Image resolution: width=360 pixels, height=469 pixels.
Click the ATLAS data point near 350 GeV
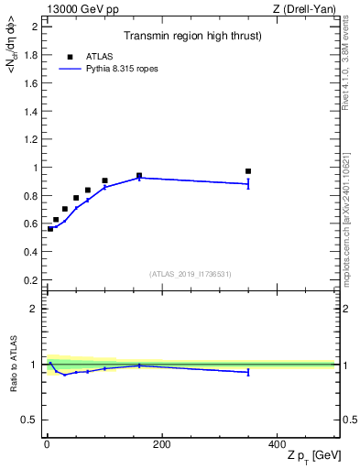click(248, 171)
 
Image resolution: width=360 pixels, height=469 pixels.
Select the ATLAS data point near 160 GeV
click(139, 175)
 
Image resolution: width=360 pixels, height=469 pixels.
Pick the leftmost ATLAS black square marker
click(50, 229)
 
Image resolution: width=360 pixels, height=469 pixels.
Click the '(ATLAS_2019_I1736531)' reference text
click(191, 274)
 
